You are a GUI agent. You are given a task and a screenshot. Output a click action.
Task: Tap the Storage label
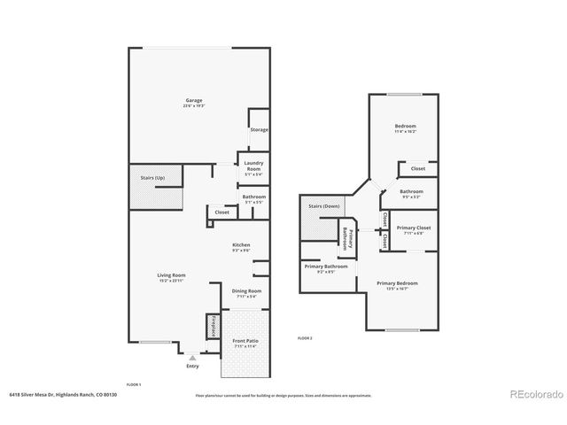[x=259, y=130]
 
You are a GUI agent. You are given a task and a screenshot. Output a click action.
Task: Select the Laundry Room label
[x=253, y=166]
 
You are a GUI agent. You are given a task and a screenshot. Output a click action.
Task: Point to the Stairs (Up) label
[x=152, y=178]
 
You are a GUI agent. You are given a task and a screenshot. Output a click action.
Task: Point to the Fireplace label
[x=214, y=326]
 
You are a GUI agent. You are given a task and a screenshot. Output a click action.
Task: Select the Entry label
[x=193, y=366]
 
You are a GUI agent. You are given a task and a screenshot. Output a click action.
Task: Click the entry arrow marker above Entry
[x=193, y=356]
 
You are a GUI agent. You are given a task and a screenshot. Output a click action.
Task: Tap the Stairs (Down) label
[x=323, y=205]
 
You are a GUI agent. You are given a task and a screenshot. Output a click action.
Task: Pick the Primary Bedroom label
[x=397, y=283]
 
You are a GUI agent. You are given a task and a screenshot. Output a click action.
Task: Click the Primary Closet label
[x=412, y=228]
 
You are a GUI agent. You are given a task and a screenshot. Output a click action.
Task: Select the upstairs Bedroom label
[x=406, y=127]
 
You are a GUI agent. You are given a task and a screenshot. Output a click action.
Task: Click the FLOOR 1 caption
[x=134, y=384]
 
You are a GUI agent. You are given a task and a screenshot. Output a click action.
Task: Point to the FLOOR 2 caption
[x=305, y=338]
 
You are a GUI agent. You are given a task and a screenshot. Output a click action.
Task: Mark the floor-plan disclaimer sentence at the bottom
[x=283, y=394]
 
